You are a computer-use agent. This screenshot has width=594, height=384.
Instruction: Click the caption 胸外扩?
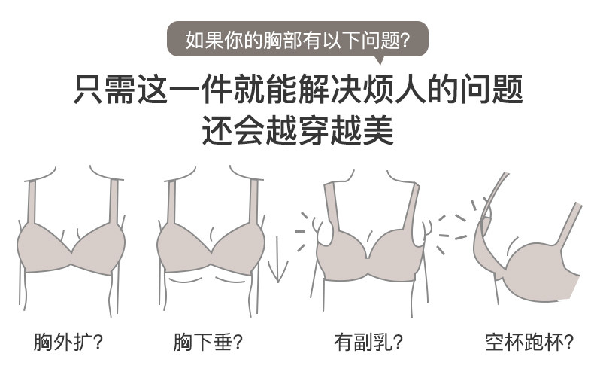(x=68, y=343)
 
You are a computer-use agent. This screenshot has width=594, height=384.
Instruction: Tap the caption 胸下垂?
(x=208, y=343)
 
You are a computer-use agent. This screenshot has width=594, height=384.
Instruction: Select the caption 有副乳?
(x=368, y=343)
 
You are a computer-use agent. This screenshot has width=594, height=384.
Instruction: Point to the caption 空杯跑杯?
(x=529, y=343)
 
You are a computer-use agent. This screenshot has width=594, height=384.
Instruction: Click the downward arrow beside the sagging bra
(x=276, y=260)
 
